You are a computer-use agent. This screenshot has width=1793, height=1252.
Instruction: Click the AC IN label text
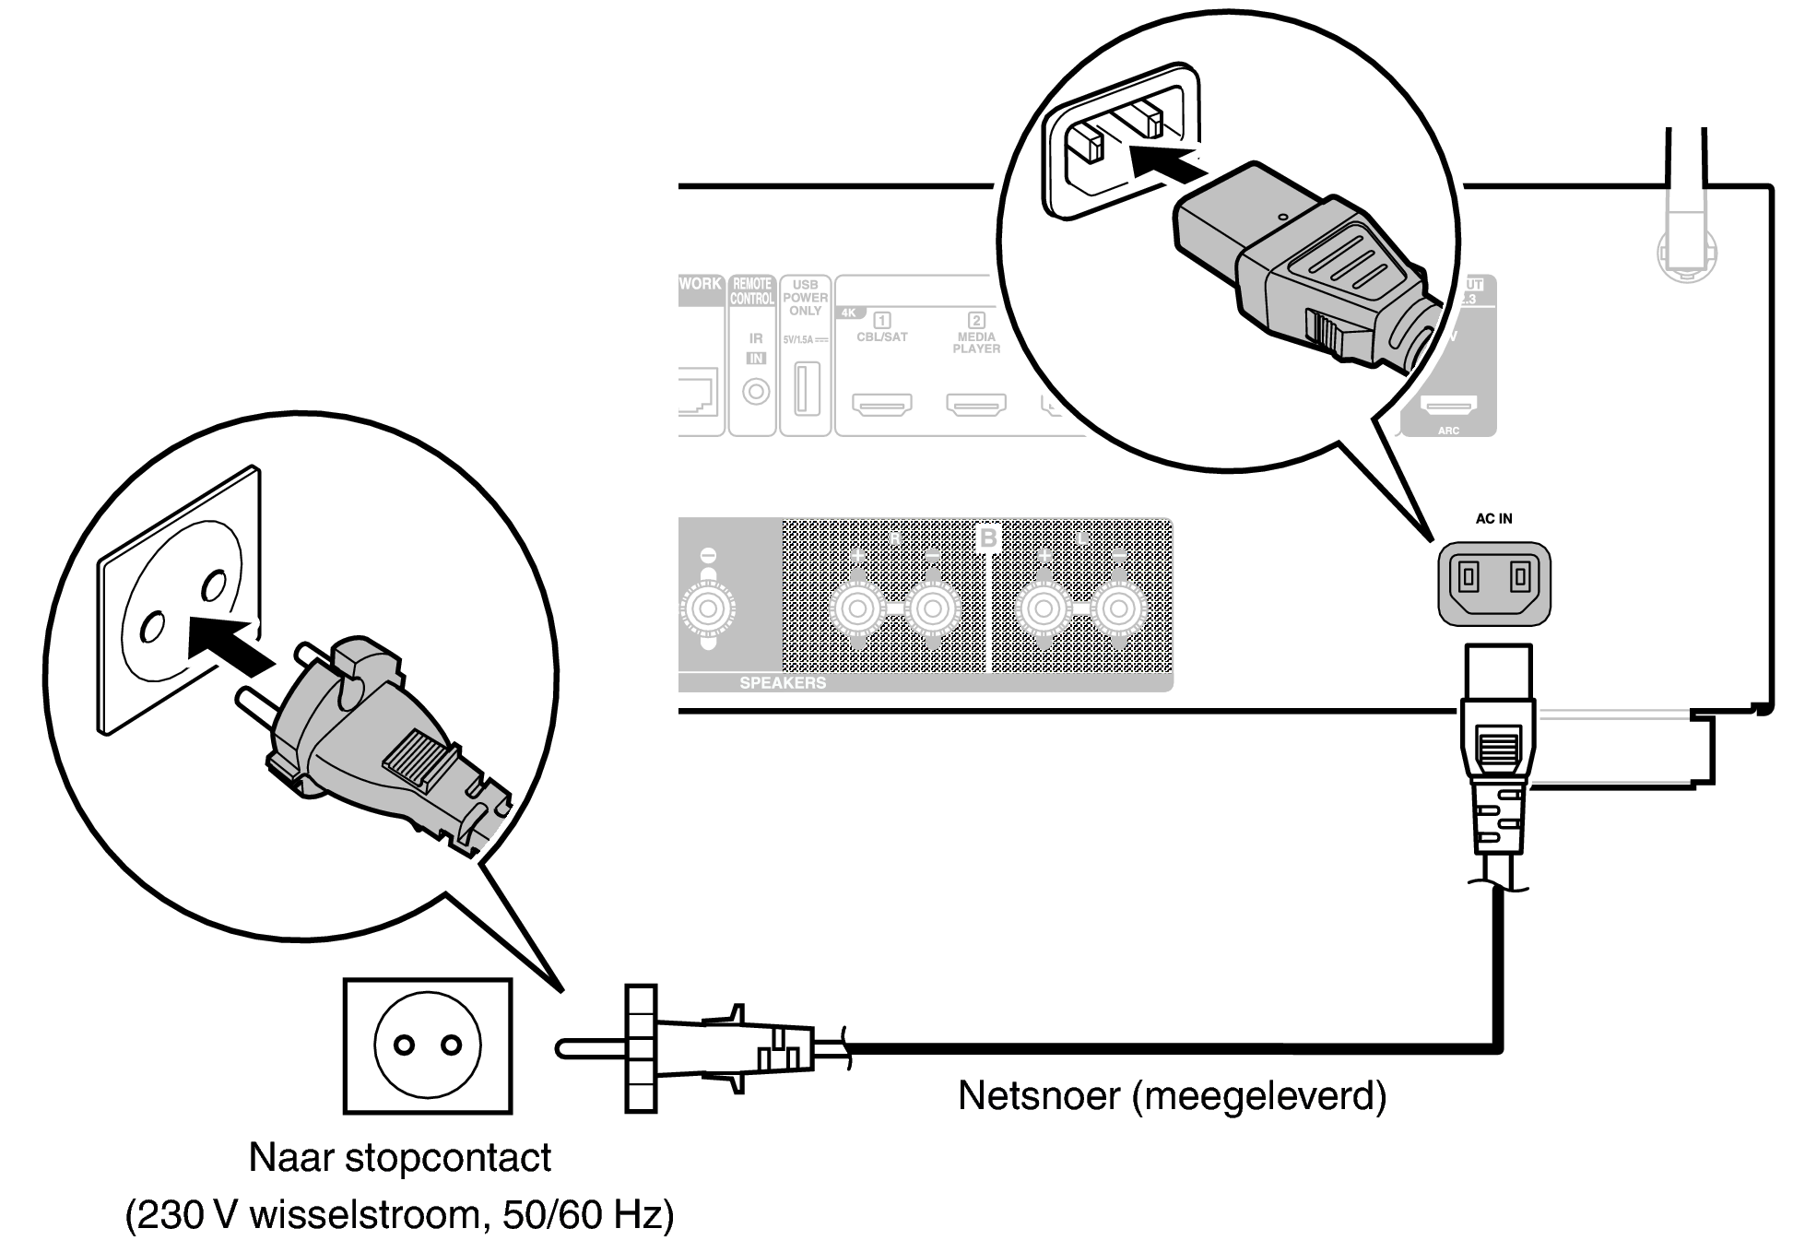coord(1493,518)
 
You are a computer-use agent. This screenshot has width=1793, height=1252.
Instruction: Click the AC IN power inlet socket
coord(1494,583)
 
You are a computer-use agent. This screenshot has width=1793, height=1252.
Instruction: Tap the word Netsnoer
coord(1038,1095)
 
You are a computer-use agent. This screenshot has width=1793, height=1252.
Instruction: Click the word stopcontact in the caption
coord(448,1157)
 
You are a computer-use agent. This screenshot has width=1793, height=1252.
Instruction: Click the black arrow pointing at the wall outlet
coord(229,644)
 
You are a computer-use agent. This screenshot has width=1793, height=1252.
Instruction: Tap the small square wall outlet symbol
coord(427,1045)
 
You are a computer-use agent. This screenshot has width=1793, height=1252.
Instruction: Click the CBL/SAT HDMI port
coord(882,404)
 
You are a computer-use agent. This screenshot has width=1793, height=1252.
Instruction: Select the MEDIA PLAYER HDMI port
coord(976,404)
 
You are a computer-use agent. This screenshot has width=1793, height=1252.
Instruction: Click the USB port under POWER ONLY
coord(806,389)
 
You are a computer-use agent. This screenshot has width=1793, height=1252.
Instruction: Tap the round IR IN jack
coord(756,392)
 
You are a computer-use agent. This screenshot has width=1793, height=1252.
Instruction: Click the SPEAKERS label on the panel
coord(783,683)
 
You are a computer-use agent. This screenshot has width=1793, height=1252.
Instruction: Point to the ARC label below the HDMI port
coord(1448,431)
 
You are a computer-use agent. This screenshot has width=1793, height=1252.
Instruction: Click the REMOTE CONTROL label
coord(752,291)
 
